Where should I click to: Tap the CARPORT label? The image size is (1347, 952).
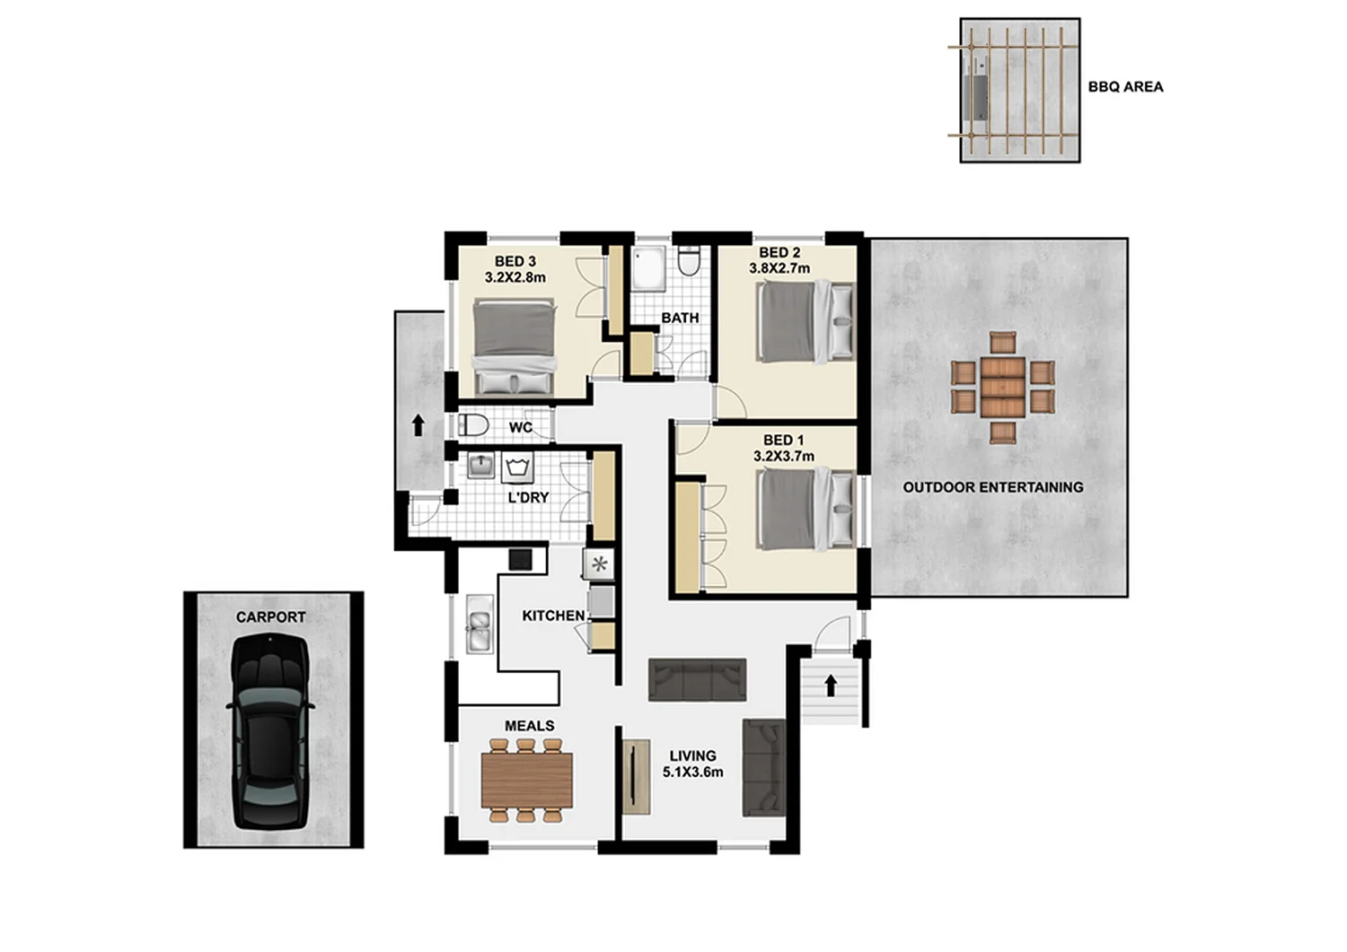(x=270, y=617)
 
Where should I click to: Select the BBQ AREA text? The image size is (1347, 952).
(x=1125, y=87)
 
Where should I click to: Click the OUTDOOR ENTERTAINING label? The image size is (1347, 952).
(x=993, y=487)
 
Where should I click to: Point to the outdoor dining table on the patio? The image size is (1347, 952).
(x=1002, y=388)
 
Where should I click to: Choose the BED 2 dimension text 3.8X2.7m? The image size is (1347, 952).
(x=779, y=268)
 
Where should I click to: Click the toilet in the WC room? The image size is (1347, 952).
(x=473, y=425)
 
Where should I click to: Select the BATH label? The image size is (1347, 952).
(x=680, y=318)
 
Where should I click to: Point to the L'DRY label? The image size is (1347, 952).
(x=528, y=497)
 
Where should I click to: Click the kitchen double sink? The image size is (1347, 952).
(x=479, y=624)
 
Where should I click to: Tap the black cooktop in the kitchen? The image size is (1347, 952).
(x=521, y=559)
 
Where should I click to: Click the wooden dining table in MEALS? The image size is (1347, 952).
(x=527, y=780)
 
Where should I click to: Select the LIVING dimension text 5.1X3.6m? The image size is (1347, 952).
(x=692, y=772)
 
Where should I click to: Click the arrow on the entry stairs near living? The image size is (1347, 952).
(x=831, y=686)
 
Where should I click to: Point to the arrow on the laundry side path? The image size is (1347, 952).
(x=418, y=424)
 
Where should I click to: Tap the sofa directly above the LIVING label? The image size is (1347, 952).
(x=697, y=680)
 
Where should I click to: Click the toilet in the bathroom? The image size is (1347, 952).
(x=690, y=261)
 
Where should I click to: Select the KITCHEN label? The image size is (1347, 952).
(x=553, y=616)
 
